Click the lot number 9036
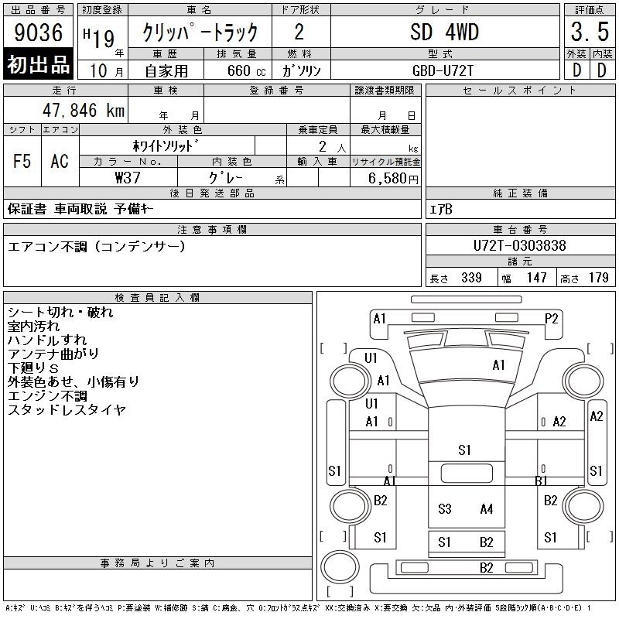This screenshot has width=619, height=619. pos(38,32)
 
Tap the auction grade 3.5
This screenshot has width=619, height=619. pos(590,32)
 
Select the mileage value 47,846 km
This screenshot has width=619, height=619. pos(84,110)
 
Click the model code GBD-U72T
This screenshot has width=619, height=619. pos(443,70)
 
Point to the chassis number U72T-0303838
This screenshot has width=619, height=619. pos(519,245)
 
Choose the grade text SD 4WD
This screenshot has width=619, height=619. pos(444,32)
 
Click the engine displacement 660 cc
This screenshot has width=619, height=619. pos(246,70)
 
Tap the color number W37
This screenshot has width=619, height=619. pos(128,178)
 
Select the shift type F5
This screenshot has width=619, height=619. pos(22,161)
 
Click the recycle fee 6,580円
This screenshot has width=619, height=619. pos(393,179)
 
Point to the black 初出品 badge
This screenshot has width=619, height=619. pos(38,63)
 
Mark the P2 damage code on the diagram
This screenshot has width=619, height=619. pos(551,319)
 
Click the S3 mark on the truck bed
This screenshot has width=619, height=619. pos(444,509)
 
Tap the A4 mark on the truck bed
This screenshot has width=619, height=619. pos(487,509)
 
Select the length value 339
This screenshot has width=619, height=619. pos(471,278)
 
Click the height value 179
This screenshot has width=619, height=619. pos(598,278)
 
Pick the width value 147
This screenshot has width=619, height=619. pos(536,278)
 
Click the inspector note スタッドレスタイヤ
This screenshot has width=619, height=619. pos(67,410)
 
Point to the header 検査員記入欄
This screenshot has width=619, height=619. pos(157,298)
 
